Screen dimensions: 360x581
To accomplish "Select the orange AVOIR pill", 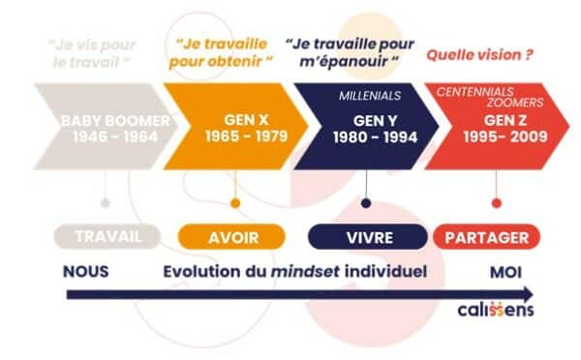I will pyautogui.click(x=233, y=236).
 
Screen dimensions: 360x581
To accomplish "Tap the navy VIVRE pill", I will pyautogui.click(x=366, y=236).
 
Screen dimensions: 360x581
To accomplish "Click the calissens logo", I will pyautogui.click(x=495, y=312).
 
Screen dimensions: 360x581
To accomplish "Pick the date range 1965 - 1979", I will pyautogui.click(x=246, y=137).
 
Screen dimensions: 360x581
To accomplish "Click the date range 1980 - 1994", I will pyautogui.click(x=375, y=137).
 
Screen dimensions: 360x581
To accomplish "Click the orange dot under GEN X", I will pyautogui.click(x=234, y=203).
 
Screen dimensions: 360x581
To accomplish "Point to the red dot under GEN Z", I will pyautogui.click(x=496, y=203).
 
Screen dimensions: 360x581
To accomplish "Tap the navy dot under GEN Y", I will pyautogui.click(x=365, y=203).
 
